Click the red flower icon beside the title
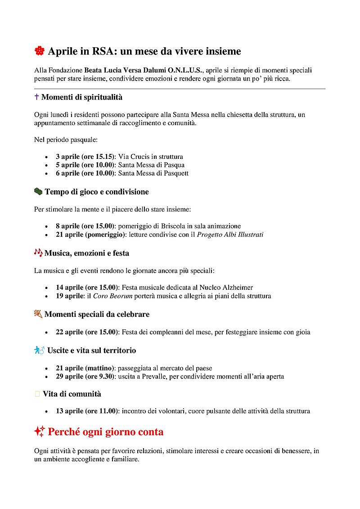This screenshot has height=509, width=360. pyautogui.click(x=39, y=51)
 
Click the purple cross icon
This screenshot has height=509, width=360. pyautogui.click(x=36, y=97)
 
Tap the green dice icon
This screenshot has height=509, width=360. pyautogui.click(x=38, y=192)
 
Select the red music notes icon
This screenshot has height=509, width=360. pyautogui.click(x=38, y=253)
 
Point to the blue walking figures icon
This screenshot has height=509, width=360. pyautogui.click(x=39, y=350)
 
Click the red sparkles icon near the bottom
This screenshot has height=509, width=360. pyautogui.click(x=39, y=432)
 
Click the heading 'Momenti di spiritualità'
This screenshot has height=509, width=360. pyautogui.click(x=82, y=97)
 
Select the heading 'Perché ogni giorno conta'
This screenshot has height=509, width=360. pyautogui.click(x=106, y=432)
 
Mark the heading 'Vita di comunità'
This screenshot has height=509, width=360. pyautogui.click(x=72, y=394)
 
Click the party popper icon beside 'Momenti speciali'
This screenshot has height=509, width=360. pyautogui.click(x=38, y=314)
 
